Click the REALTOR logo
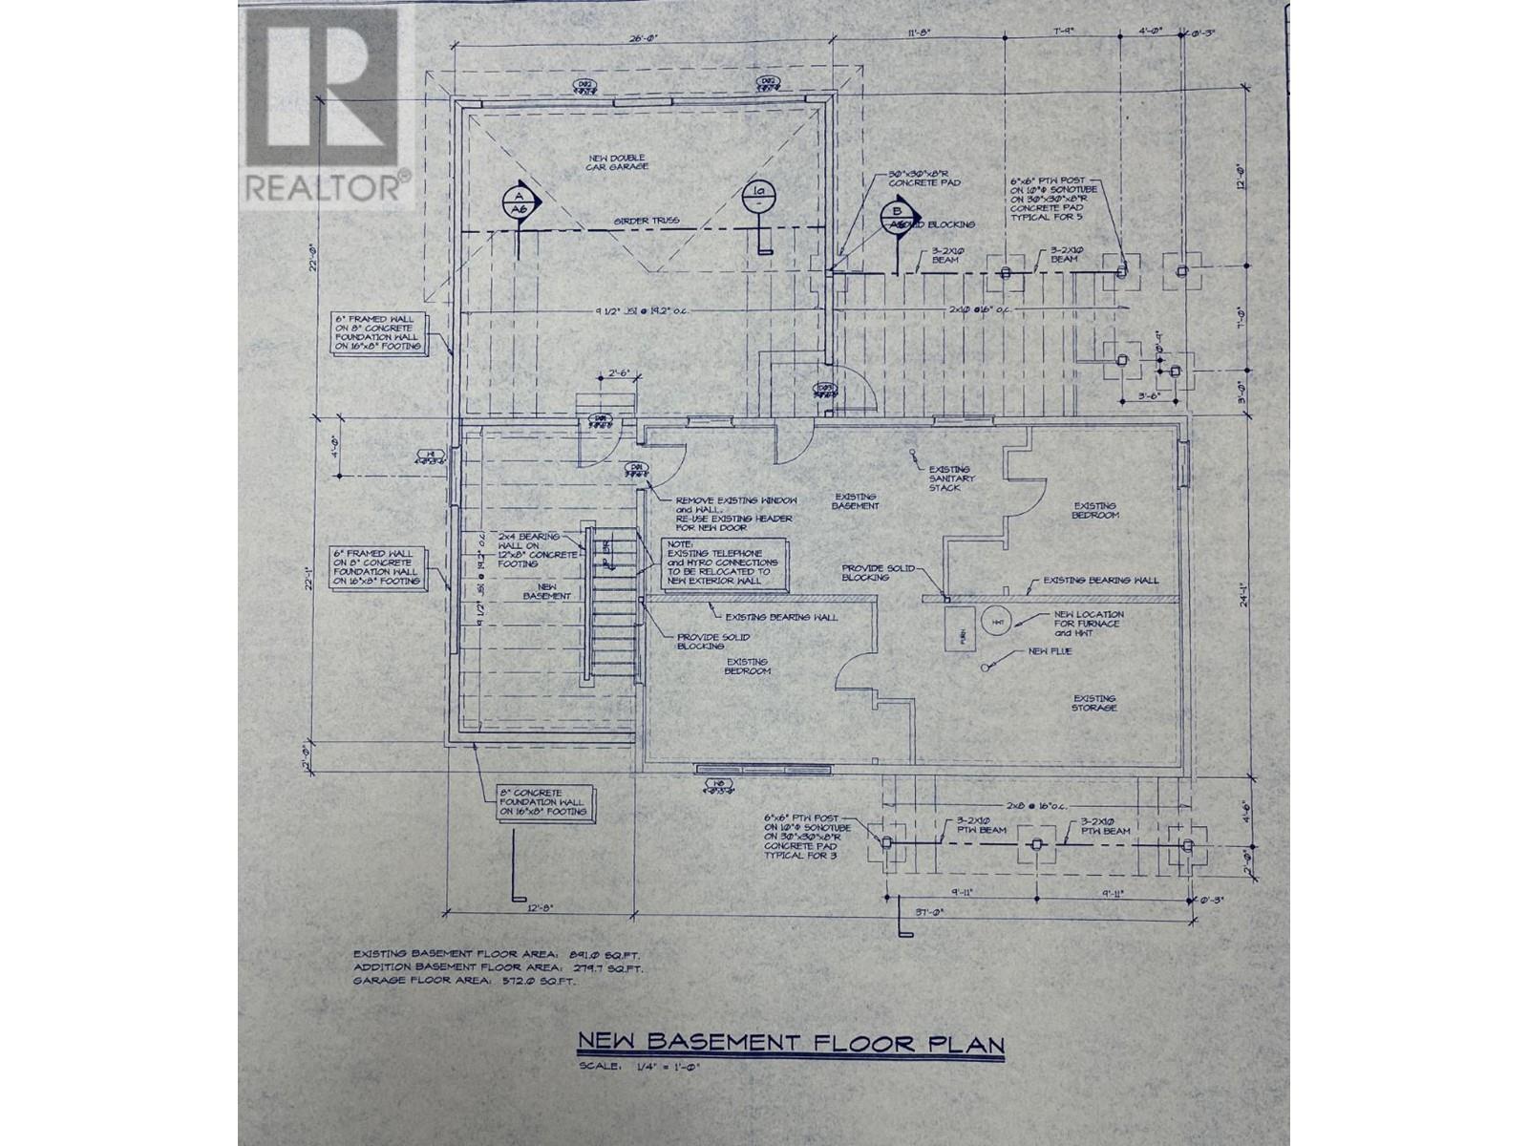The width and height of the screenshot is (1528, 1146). pyautogui.click(x=325, y=105)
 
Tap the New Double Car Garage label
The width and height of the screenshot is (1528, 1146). pyautogui.click(x=618, y=162)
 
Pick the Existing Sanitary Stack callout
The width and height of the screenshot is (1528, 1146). pyautogui.click(x=949, y=478)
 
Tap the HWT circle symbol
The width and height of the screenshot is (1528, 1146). pyautogui.click(x=997, y=622)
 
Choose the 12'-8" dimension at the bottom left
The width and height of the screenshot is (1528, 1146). pyautogui.click(x=543, y=908)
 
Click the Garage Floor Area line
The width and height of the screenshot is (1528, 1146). pyautogui.click(x=465, y=981)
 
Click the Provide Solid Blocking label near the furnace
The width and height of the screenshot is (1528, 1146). pyautogui.click(x=878, y=573)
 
